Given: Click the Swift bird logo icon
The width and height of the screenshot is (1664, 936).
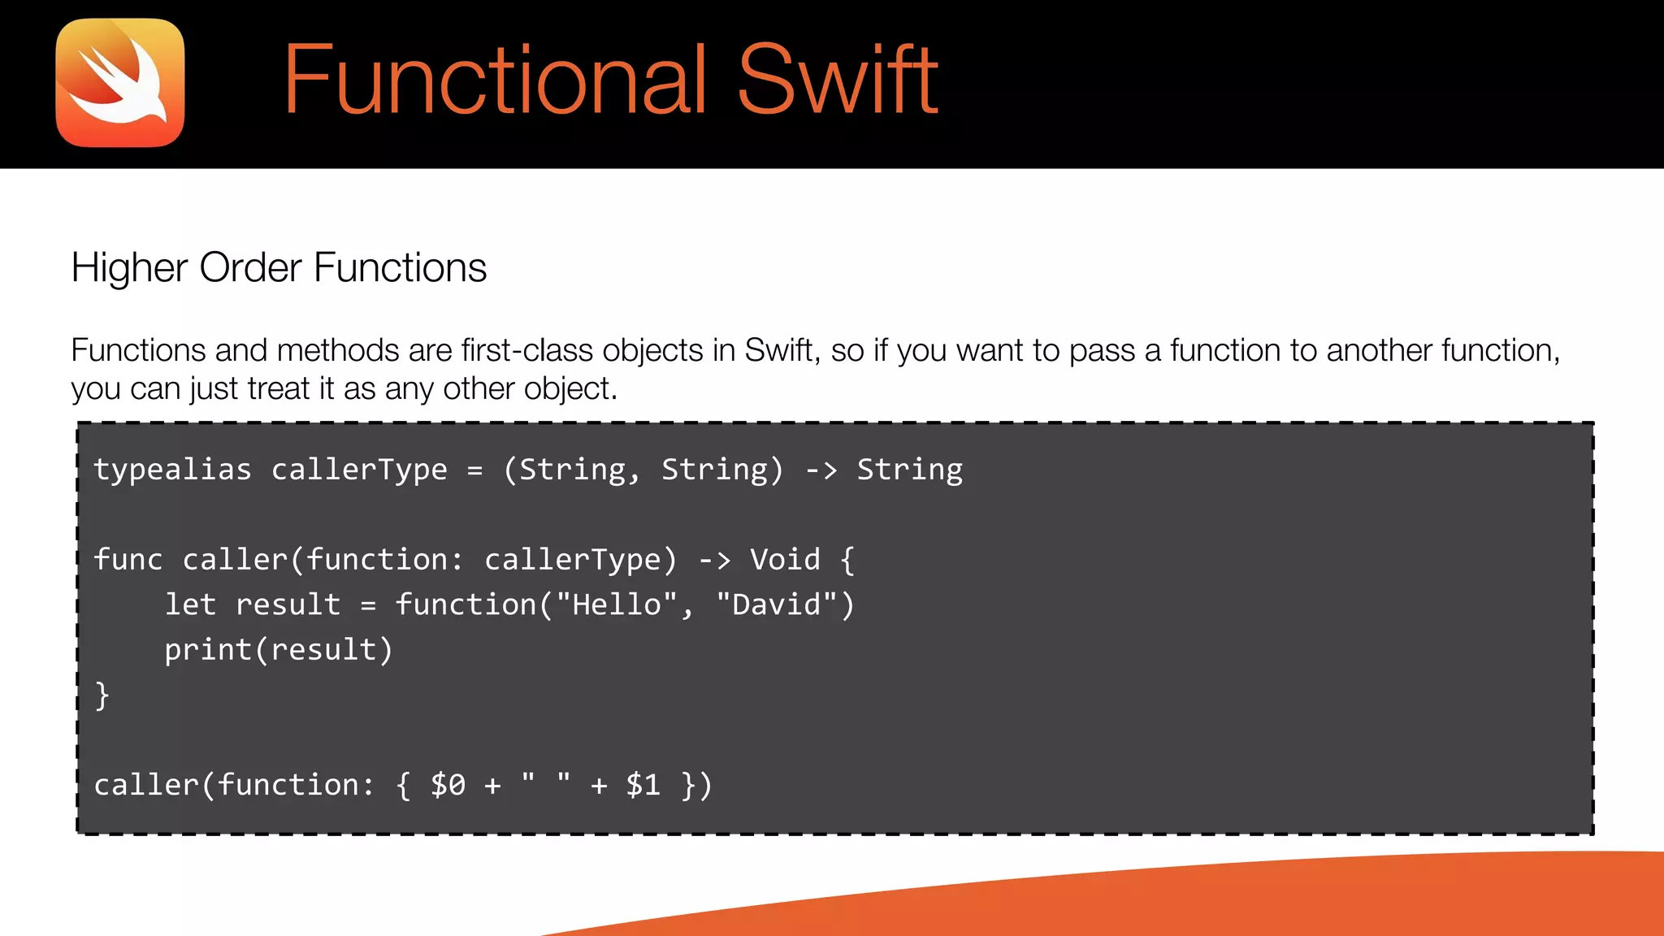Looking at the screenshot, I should (120, 83).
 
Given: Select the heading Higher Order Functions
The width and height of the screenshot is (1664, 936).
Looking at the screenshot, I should (279, 267).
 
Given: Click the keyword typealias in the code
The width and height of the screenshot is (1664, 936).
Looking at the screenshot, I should (172, 470).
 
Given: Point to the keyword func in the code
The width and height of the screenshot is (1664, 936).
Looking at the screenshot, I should (128, 560).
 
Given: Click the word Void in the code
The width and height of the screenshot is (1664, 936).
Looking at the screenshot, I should (785, 560).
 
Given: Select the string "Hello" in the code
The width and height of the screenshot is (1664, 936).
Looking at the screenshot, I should (617, 604).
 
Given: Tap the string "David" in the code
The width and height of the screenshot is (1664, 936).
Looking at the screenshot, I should (777, 604).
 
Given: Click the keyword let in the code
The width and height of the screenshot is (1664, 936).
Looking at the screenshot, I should (190, 604).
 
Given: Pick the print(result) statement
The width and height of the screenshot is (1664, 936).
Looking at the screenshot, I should (279, 650).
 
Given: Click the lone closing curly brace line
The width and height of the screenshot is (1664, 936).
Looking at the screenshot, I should (102, 695).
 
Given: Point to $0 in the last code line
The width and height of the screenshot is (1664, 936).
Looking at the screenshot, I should (448, 786).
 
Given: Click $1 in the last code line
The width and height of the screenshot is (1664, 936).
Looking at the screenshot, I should (643, 786).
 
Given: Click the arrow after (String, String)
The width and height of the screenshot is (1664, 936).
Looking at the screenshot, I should (821, 470).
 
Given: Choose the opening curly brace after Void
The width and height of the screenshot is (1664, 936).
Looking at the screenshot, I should (847, 560).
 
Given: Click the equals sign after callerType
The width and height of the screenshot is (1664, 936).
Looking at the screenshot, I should (474, 470).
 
